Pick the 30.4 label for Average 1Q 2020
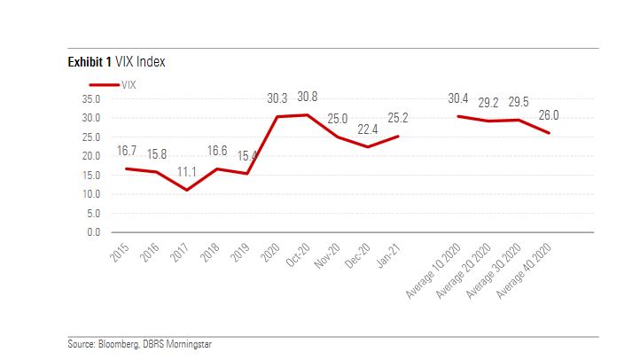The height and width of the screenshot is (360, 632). (x=460, y=99)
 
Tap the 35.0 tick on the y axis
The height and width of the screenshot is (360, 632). (x=91, y=98)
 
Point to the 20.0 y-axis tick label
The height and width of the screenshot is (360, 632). (x=91, y=156)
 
